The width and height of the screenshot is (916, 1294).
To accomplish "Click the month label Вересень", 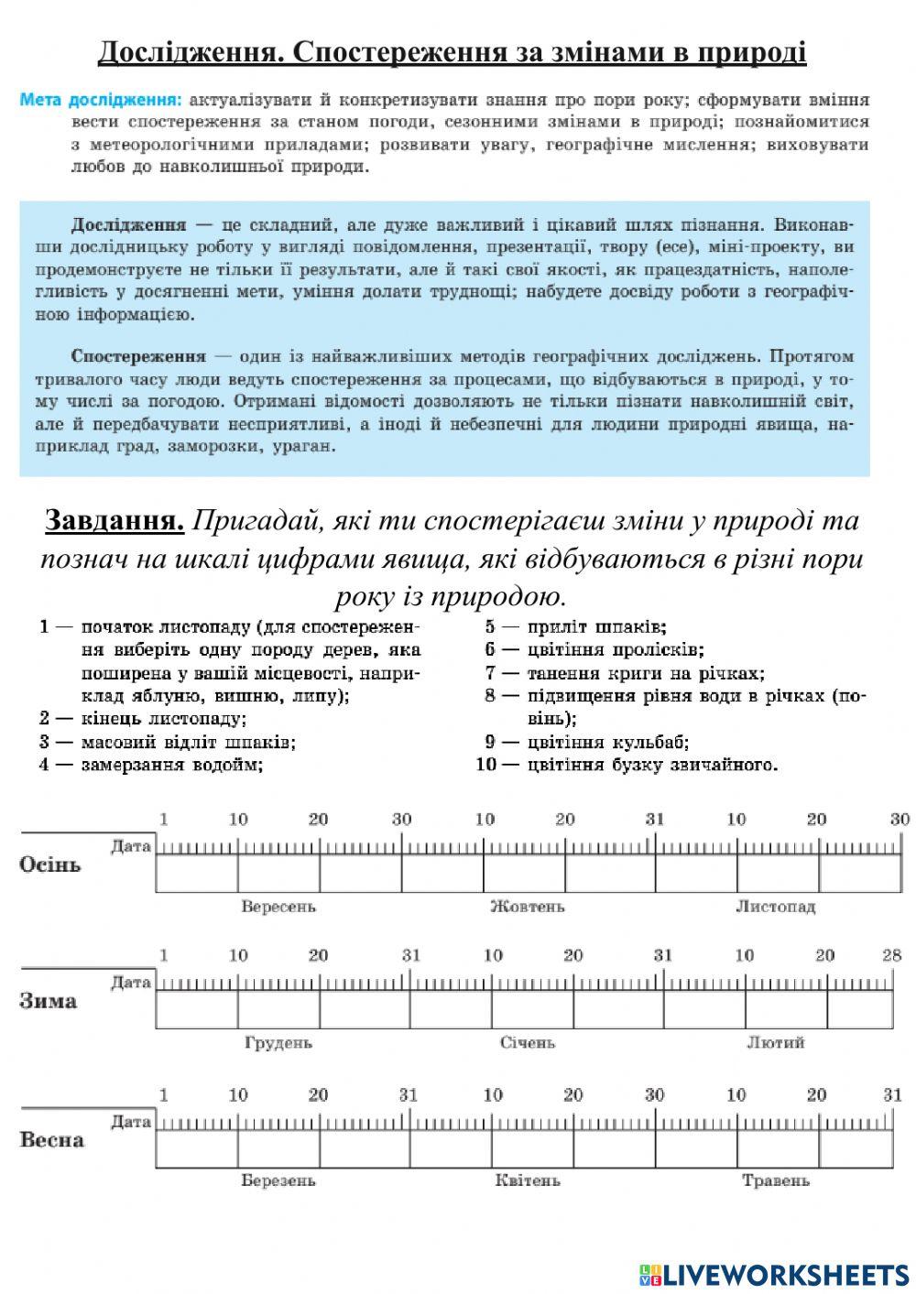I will tap(278, 907).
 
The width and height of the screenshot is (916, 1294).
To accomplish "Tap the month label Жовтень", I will tap(527, 907).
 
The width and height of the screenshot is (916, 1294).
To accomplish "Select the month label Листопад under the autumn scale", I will tap(775, 907).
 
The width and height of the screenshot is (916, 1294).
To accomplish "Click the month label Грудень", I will tap(278, 1043).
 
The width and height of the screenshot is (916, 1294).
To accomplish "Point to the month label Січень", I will tap(527, 1043).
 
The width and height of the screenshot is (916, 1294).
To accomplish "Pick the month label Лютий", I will tap(775, 1043).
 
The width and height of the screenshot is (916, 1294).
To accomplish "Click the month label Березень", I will tap(278, 1180).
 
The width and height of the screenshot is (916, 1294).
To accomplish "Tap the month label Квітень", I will tap(527, 1180).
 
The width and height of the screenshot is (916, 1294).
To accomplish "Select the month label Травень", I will tap(775, 1180).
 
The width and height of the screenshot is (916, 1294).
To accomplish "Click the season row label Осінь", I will tap(50, 864).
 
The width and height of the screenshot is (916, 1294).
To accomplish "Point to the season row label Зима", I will tap(48, 1001).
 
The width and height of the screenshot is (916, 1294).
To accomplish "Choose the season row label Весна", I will tap(51, 1140).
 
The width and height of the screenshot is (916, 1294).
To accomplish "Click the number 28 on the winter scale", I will tap(892, 955).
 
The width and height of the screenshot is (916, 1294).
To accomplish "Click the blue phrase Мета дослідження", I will tap(101, 99).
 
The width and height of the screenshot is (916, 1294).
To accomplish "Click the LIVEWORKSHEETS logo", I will tap(773, 1274).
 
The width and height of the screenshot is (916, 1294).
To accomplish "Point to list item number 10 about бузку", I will tap(627, 765).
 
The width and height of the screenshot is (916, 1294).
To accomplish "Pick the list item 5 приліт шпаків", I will tap(577, 627).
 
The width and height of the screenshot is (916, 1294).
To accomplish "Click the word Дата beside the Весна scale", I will tap(131, 1121).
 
